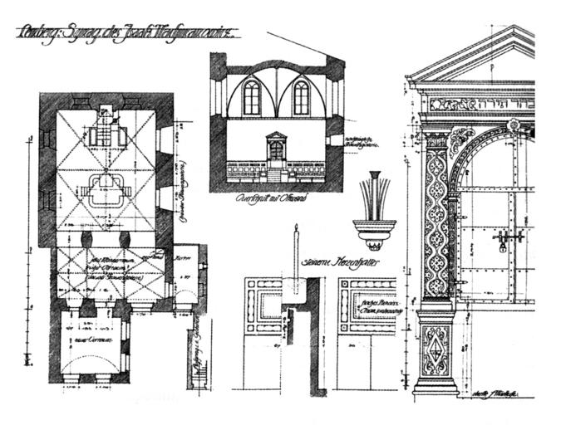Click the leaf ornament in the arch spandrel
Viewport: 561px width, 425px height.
(462, 141)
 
